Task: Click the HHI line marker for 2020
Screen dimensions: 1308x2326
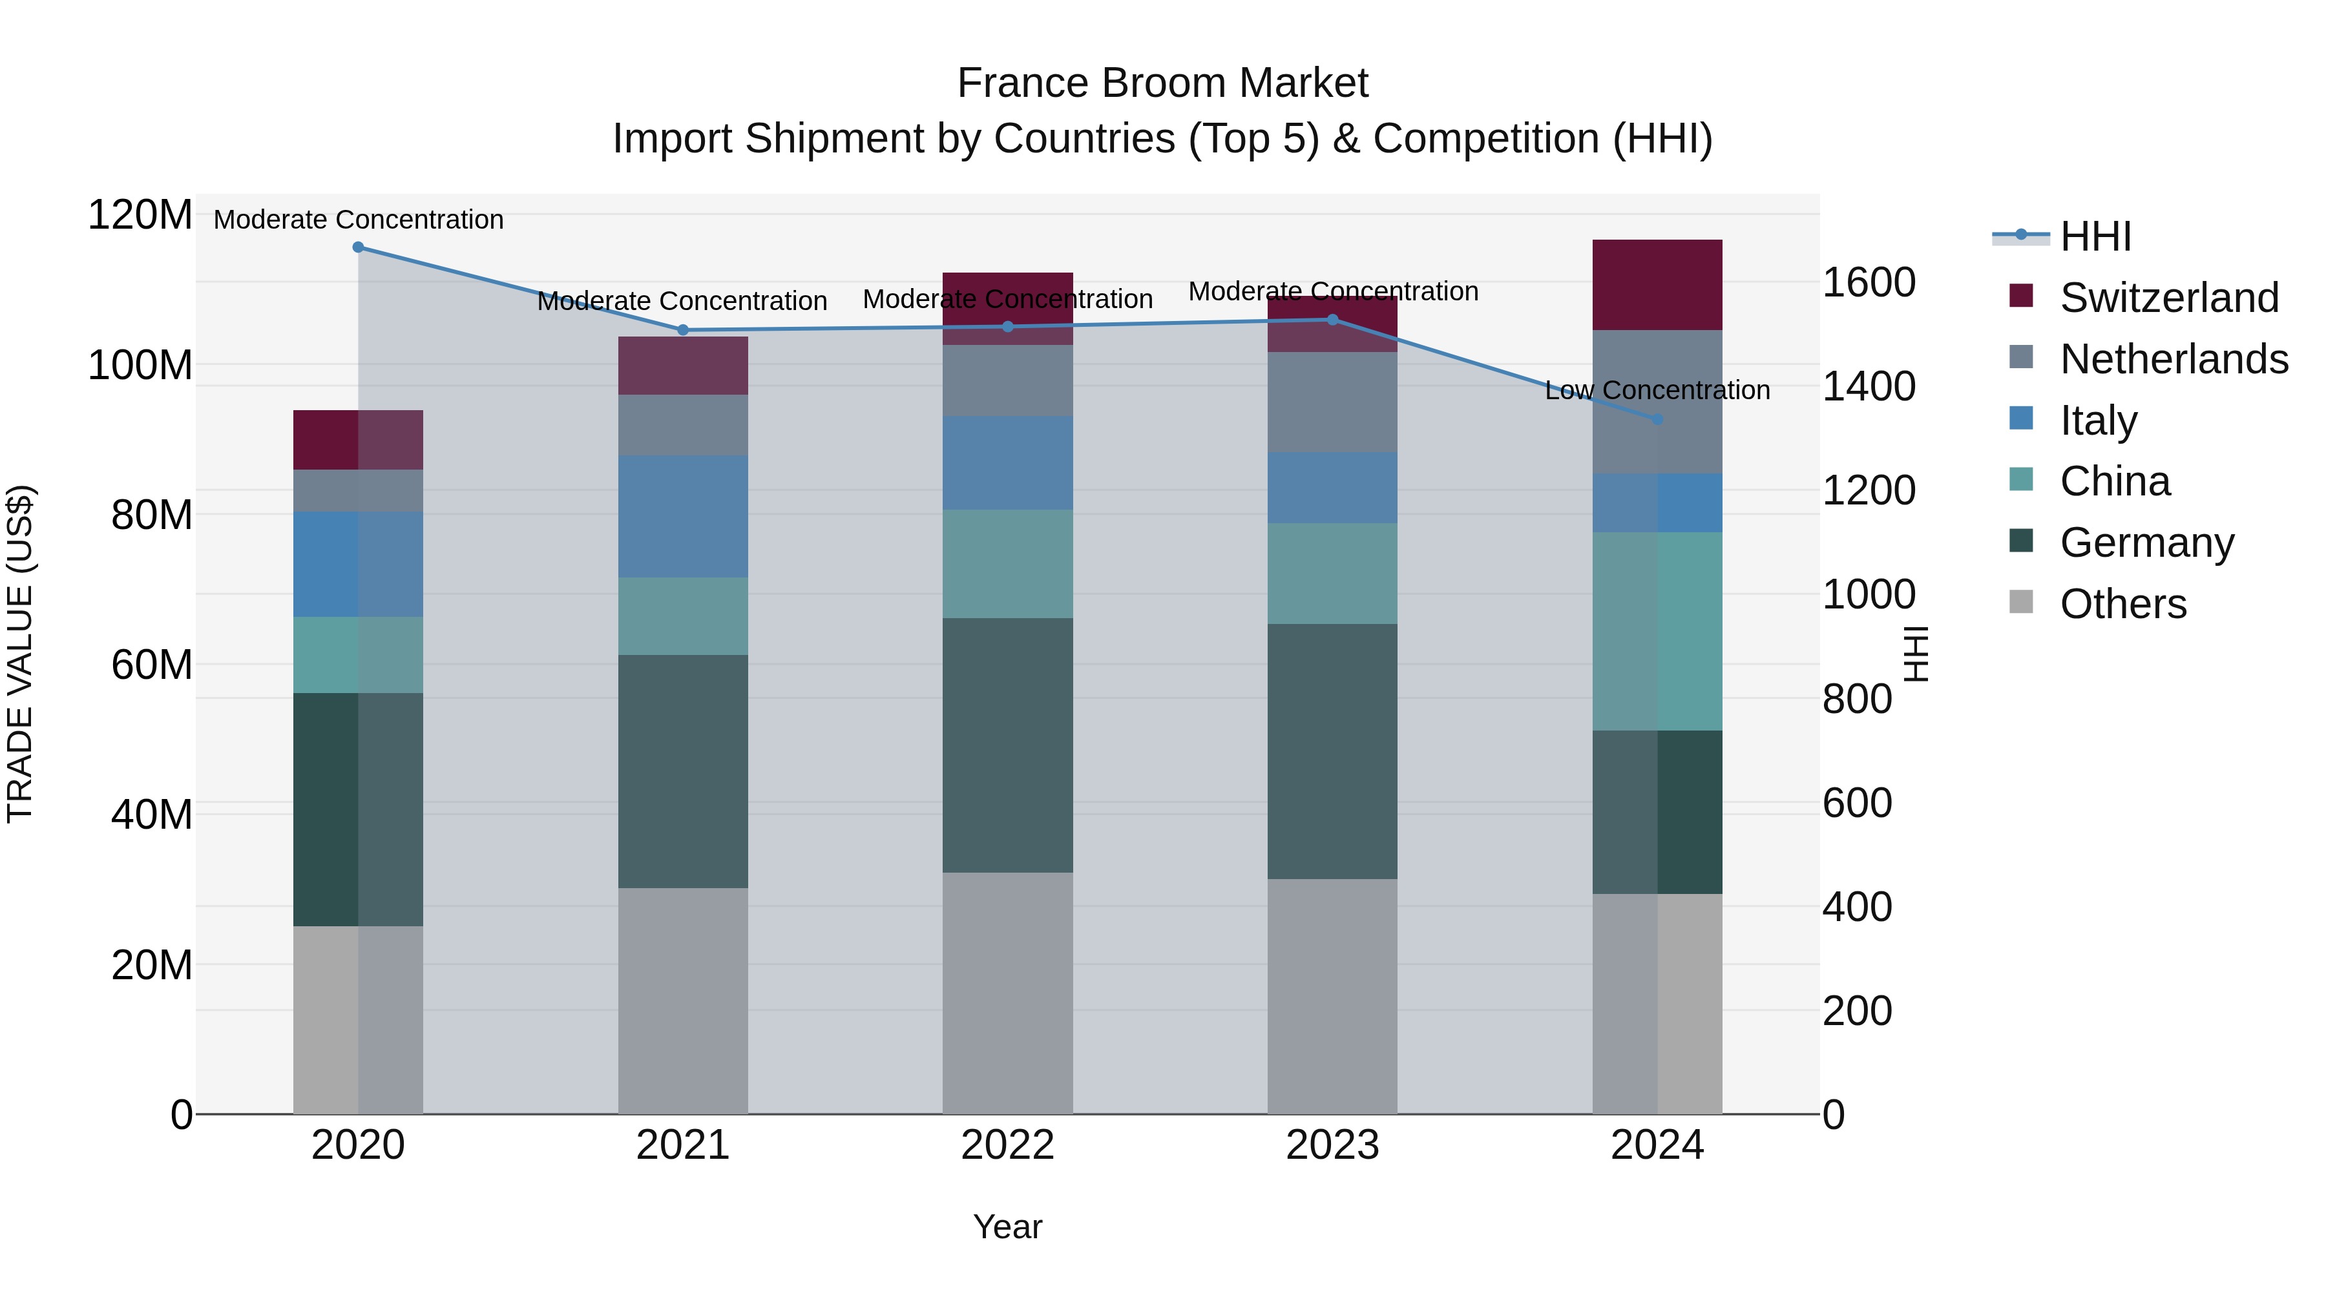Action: [359, 247]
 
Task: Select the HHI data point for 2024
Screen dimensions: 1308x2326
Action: [1657, 419]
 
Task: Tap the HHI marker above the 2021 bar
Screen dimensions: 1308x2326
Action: [683, 330]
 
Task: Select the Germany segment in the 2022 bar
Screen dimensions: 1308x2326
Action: [1008, 745]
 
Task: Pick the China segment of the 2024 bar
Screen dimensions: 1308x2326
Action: [1657, 631]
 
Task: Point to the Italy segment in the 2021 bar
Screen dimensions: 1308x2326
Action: [683, 516]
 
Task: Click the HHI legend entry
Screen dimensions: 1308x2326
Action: [2095, 236]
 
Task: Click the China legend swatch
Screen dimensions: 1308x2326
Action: [2021, 480]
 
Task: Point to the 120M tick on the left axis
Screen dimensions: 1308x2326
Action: [140, 216]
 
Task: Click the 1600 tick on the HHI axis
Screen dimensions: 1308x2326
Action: [1868, 282]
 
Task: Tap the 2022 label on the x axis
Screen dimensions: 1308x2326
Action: [1008, 1145]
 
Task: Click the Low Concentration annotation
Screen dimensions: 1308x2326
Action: [1657, 390]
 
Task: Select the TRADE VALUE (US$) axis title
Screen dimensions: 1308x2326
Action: [20, 654]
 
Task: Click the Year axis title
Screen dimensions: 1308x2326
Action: [1008, 1227]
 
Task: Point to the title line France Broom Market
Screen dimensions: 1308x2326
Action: [1162, 83]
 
